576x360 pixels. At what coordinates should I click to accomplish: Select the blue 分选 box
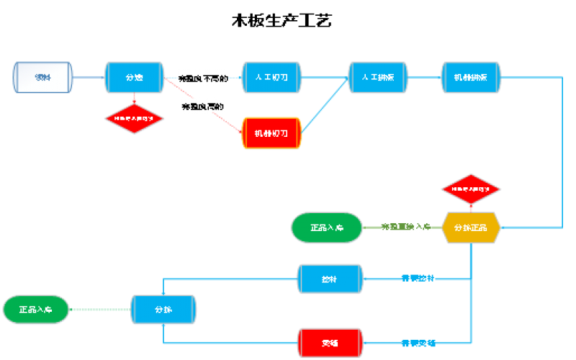135,77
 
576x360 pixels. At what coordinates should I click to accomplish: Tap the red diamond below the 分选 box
135,117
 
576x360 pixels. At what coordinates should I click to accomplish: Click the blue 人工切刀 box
271,77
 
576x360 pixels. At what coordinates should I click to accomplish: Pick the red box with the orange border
271,133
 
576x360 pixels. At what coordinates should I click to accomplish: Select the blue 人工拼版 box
378,77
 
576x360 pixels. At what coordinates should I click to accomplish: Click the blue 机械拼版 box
470,77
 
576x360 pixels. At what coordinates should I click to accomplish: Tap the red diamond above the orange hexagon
471,189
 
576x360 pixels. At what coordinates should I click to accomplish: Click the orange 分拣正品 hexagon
471,228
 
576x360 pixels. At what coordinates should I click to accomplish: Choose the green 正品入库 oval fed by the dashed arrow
37,310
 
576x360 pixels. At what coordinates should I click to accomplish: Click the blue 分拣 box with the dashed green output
163,310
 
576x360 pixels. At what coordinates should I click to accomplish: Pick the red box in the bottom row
330,343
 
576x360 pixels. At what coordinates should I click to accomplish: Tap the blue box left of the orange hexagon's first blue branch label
330,279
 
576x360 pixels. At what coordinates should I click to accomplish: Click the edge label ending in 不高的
203,78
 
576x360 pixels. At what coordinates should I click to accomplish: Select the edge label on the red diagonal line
202,106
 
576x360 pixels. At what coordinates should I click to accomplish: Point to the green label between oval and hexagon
406,228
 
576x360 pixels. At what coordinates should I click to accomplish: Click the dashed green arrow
101,310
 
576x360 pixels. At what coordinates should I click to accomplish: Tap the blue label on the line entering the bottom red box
418,343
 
